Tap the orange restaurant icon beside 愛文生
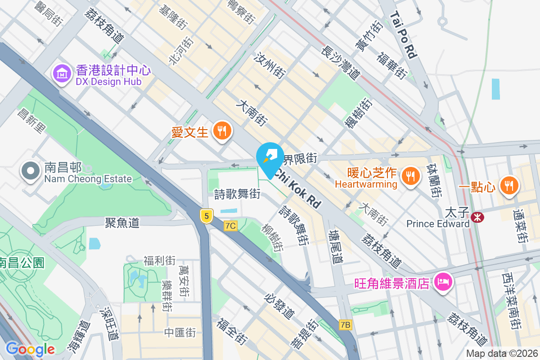[221, 131]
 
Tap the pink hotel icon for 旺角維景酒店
[443, 283]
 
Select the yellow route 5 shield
[207, 216]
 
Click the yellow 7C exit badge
[230, 225]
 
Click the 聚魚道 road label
[122, 222]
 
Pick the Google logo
[30, 349]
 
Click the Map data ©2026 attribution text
[501, 353]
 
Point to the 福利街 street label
[159, 260]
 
